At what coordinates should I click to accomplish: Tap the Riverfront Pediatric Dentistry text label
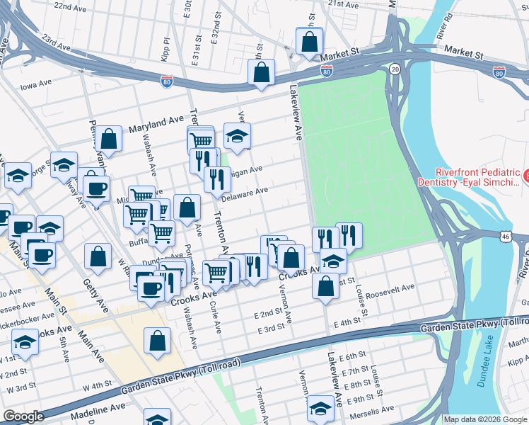tap(477, 177)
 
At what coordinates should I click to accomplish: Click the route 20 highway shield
tap(395, 69)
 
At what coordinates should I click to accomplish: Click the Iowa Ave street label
tap(37, 85)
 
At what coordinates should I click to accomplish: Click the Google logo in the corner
tap(23, 416)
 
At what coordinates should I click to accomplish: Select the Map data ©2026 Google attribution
tap(485, 419)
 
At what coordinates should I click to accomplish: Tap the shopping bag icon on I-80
tap(261, 72)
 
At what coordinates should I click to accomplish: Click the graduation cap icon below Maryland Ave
tap(238, 135)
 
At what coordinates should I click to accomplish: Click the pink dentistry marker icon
tap(525, 175)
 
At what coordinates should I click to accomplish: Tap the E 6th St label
tap(351, 356)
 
